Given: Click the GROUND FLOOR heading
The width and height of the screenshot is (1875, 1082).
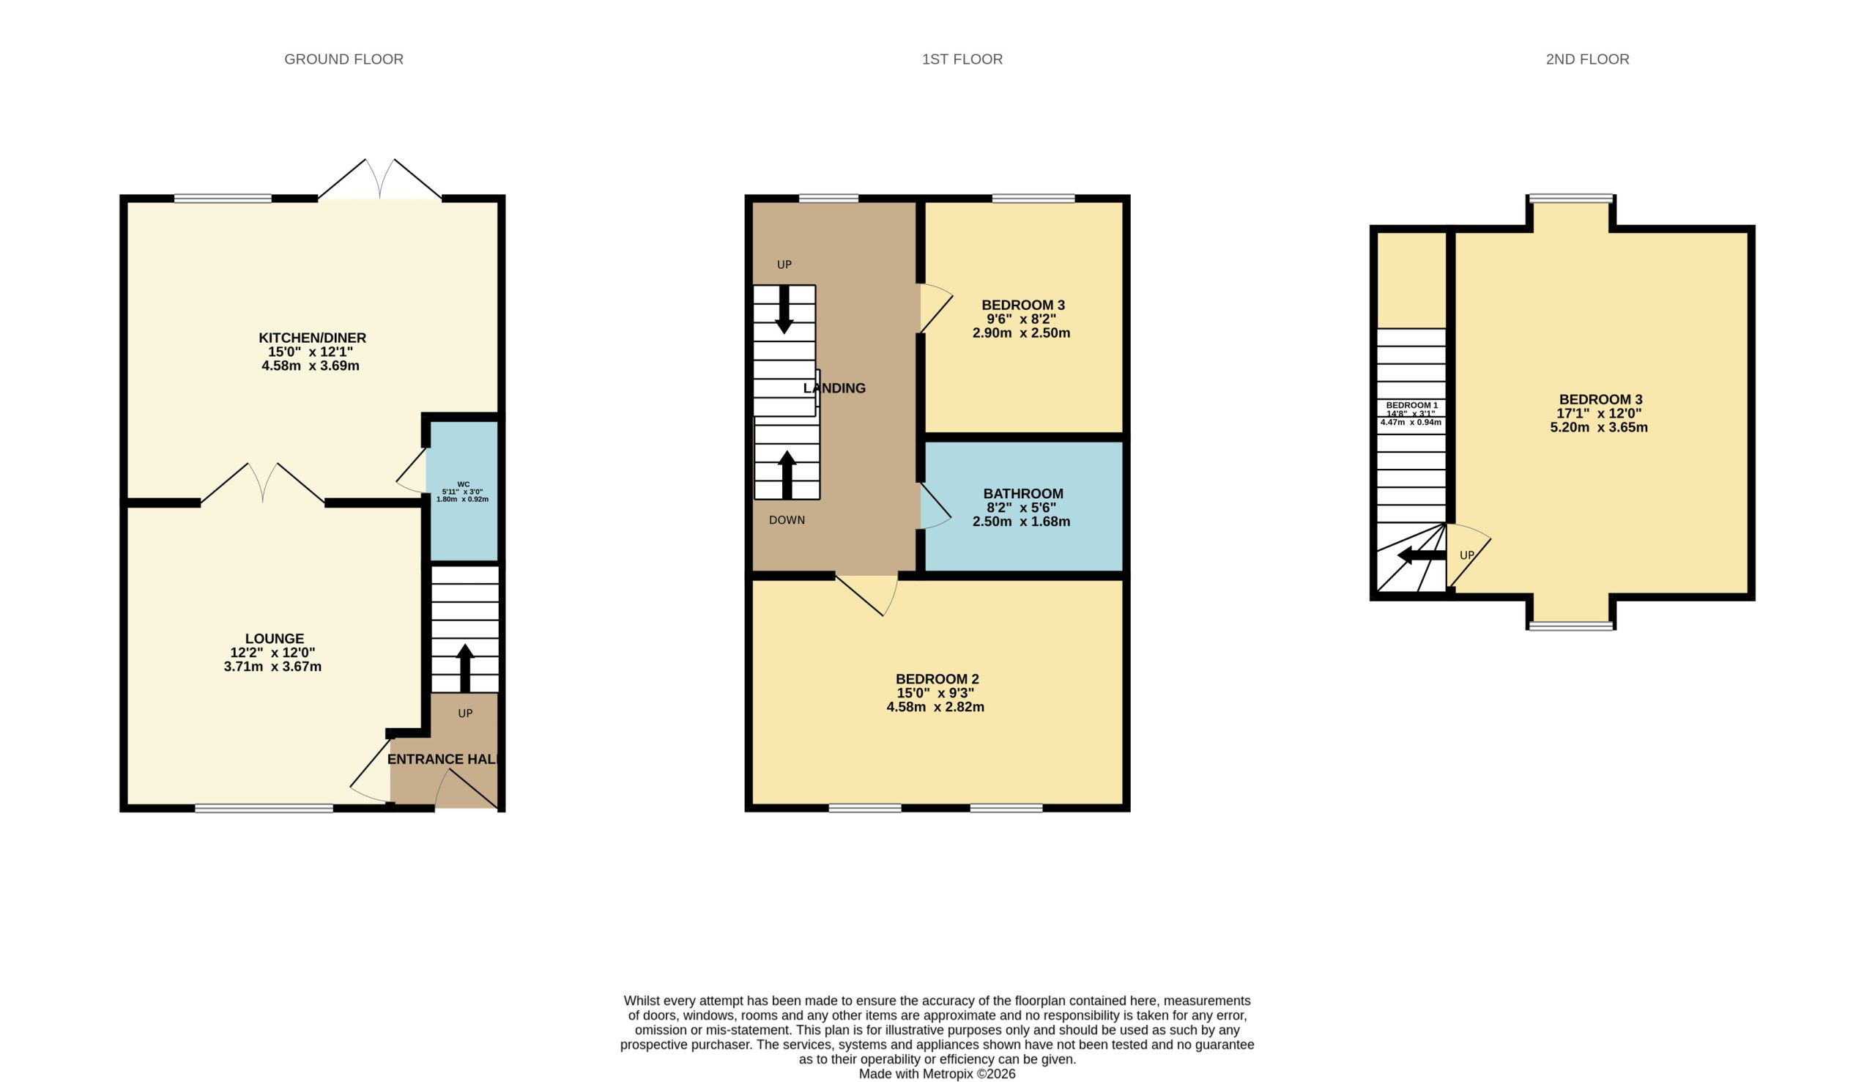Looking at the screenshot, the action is tap(344, 59).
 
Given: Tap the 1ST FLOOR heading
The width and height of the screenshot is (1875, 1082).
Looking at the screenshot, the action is tap(962, 59).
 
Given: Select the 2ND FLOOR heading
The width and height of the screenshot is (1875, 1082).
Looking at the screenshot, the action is tap(1587, 59).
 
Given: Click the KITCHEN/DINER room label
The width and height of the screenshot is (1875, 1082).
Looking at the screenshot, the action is tap(312, 338).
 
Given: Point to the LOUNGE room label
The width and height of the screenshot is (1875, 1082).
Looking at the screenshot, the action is tap(274, 638).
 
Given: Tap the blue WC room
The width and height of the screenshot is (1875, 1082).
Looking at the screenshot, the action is tap(464, 492).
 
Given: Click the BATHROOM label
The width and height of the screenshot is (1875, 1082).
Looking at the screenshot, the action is tap(1023, 494).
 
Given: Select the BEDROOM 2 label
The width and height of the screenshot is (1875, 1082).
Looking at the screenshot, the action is tap(937, 679).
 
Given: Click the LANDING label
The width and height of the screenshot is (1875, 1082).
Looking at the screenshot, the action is tap(834, 388).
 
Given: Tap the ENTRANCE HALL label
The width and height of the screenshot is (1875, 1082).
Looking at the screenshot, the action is tap(443, 760).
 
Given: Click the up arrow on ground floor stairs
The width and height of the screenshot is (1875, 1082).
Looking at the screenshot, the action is tap(465, 668).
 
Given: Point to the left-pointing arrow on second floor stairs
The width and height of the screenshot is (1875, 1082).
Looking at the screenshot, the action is tap(1421, 556).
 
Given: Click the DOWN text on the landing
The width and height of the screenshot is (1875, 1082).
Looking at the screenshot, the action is tap(787, 520).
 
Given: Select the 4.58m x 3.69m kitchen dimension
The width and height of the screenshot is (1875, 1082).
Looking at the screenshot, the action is tap(311, 366).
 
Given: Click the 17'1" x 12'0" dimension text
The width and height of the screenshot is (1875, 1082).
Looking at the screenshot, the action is tap(1599, 413).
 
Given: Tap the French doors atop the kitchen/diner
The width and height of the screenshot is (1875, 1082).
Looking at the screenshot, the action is tap(379, 179).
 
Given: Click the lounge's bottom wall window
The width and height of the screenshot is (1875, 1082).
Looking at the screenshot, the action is tap(264, 809).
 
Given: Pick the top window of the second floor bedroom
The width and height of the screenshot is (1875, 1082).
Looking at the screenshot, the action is tap(1570, 199).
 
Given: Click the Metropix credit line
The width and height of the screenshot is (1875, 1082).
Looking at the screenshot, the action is tap(937, 1074).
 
